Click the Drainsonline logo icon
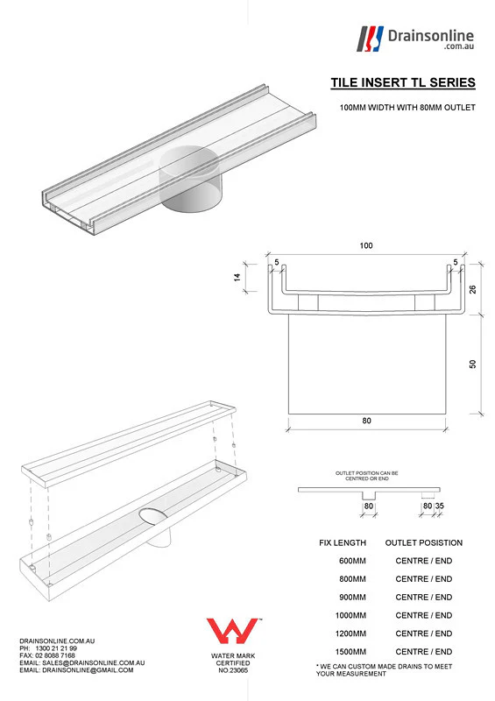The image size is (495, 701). (371, 38)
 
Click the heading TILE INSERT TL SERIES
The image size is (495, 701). (403, 83)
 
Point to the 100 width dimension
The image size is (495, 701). (365, 246)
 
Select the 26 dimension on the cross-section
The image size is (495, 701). (472, 290)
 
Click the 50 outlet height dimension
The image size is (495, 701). (472, 363)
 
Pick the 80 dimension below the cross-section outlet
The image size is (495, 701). (366, 421)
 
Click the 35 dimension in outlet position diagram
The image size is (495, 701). (440, 506)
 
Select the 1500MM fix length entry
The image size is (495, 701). (352, 651)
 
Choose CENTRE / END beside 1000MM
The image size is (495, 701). (424, 615)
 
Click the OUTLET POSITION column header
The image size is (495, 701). (424, 542)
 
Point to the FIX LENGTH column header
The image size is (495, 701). (343, 542)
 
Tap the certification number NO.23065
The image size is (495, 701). (233, 670)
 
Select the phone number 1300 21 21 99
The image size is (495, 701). (57, 648)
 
